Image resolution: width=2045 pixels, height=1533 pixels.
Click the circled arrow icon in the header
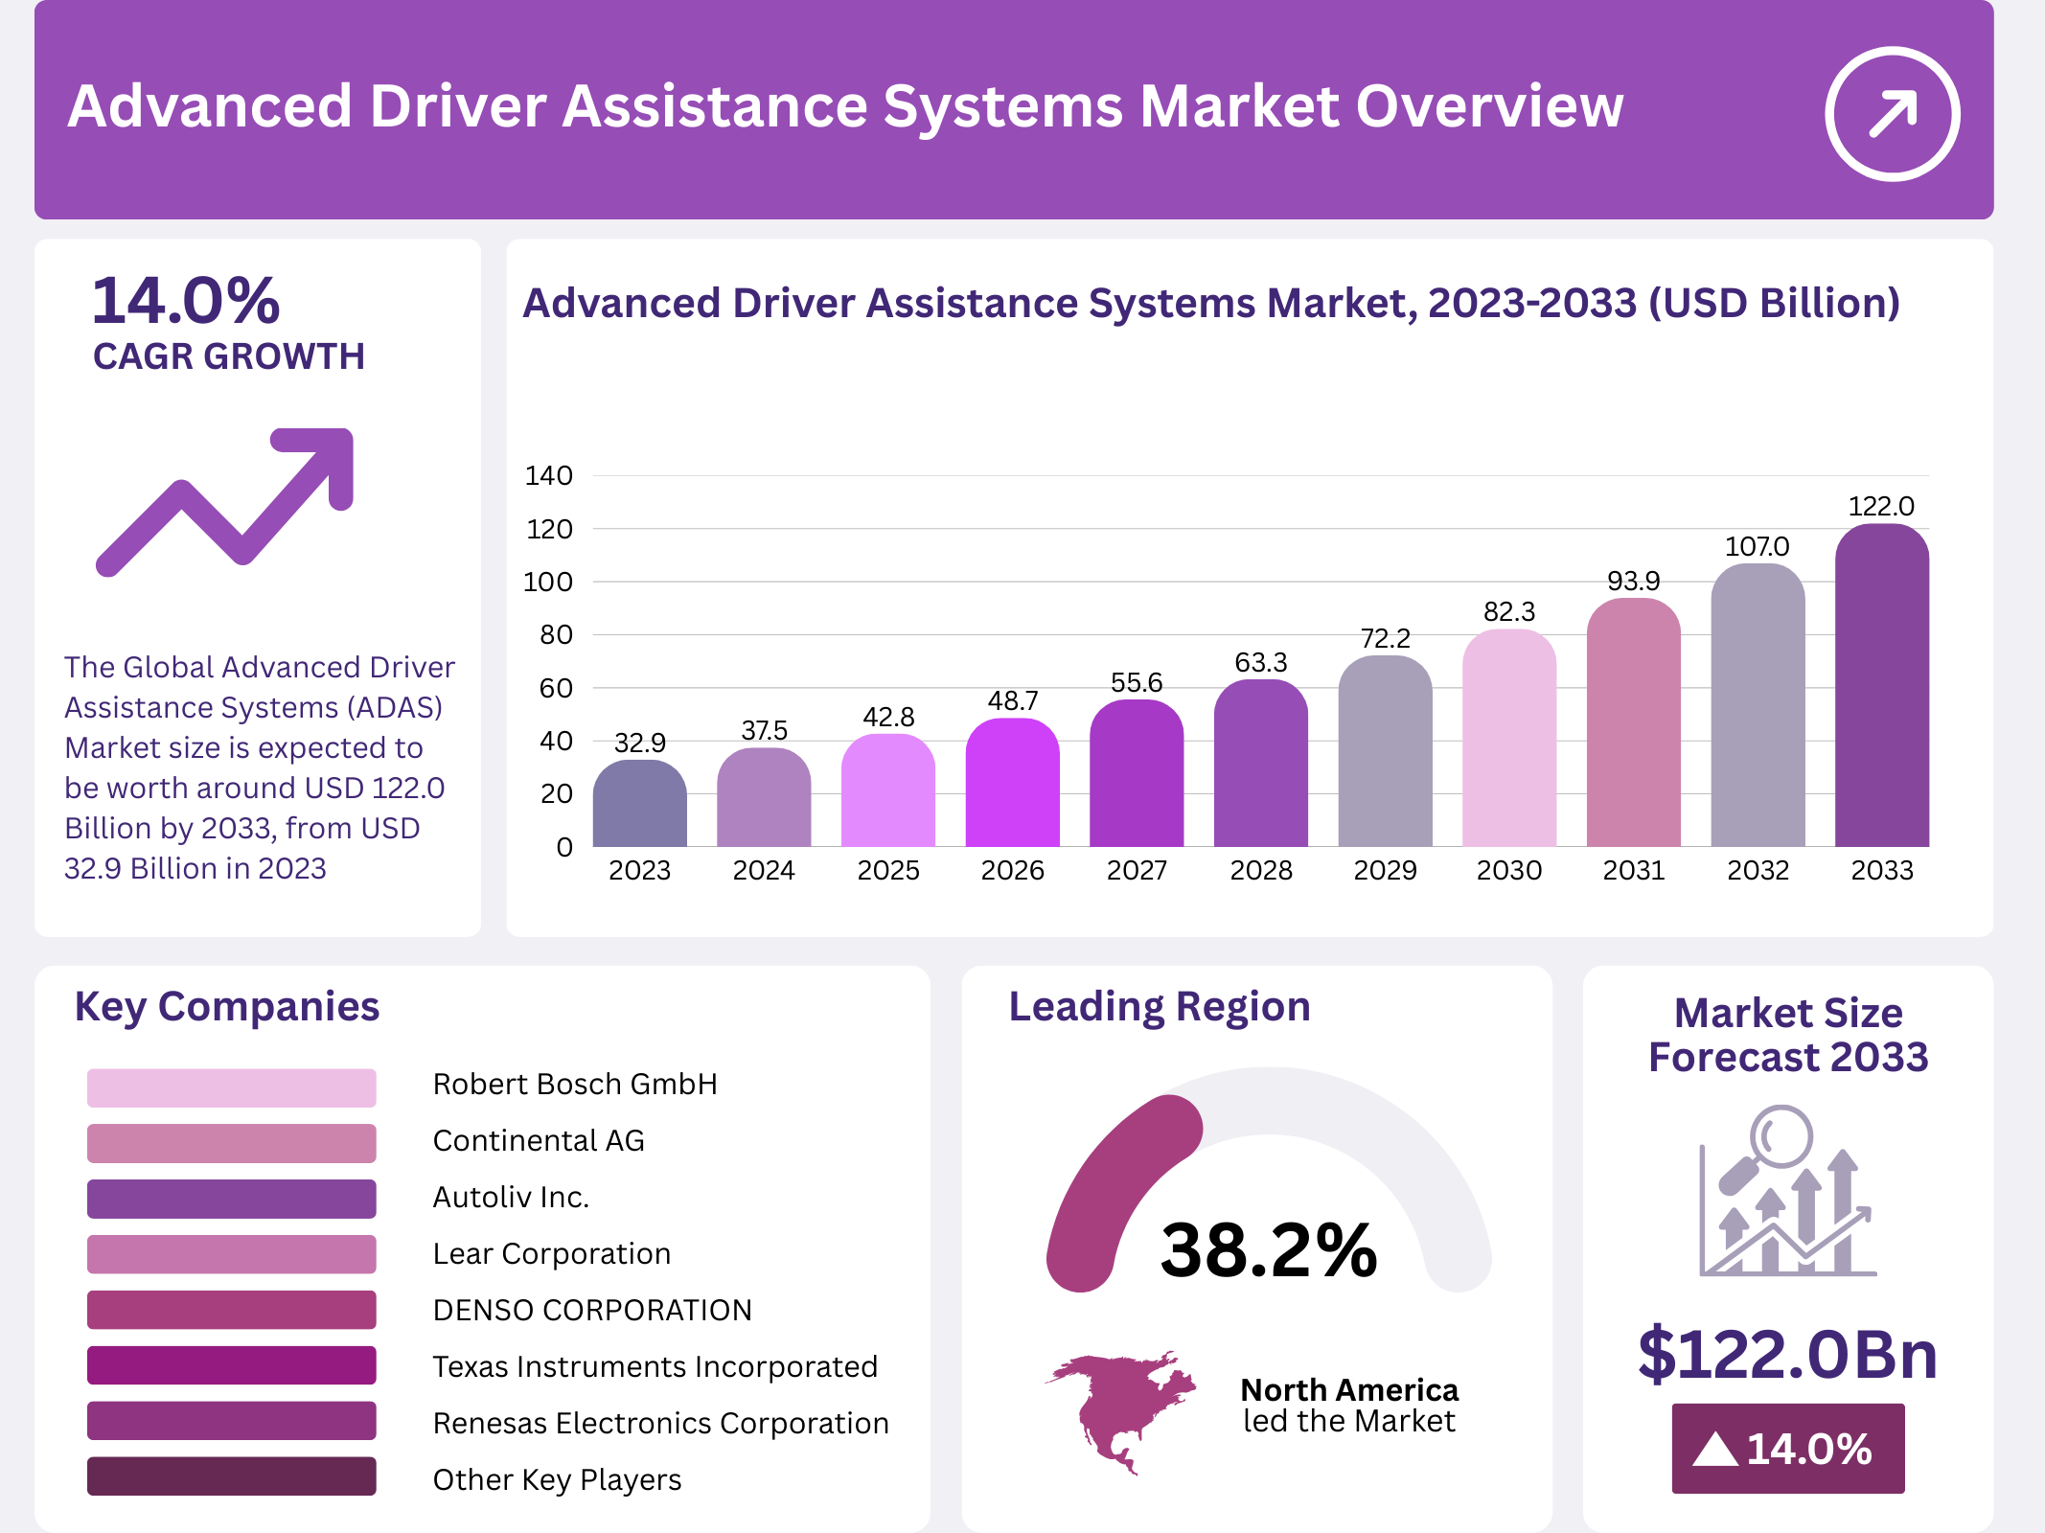(1892, 114)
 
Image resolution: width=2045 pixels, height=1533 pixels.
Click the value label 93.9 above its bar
(1633, 581)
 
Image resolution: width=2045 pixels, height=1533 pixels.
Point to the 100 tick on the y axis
(548, 582)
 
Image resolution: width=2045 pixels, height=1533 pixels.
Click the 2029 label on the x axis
(1385, 870)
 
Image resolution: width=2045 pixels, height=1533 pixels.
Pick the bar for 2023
(639, 804)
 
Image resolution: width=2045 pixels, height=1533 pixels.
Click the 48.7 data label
(1012, 700)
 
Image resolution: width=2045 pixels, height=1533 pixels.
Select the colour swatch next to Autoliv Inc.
(231, 1199)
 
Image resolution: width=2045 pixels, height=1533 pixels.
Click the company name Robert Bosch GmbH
(575, 1084)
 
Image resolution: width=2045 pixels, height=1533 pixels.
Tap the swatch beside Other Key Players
(231, 1476)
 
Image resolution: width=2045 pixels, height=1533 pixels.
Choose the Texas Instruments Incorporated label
(655, 1366)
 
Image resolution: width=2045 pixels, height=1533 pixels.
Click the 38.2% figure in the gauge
(1268, 1250)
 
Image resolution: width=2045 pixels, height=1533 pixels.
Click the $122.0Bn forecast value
(1787, 1354)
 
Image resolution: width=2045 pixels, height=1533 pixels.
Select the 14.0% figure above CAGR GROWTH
(186, 301)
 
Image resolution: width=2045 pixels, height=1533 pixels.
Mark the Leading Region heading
(1160, 1007)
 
